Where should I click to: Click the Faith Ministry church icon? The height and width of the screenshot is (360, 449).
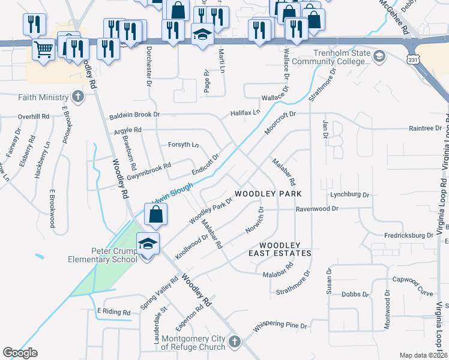(77, 97)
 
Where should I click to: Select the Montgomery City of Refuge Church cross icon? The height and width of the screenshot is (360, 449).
(235, 342)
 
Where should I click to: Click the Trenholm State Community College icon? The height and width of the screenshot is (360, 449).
(379, 57)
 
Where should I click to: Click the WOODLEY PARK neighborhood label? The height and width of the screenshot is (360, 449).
(268, 194)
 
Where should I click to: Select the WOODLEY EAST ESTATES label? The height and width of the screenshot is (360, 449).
(285, 249)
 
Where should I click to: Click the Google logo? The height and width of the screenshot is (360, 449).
(20, 353)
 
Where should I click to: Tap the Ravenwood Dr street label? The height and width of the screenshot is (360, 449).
(318, 209)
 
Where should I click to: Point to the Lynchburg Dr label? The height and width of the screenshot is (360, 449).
(349, 195)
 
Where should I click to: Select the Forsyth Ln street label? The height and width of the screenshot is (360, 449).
(183, 145)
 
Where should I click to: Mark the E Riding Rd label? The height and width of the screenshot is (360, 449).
(113, 312)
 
